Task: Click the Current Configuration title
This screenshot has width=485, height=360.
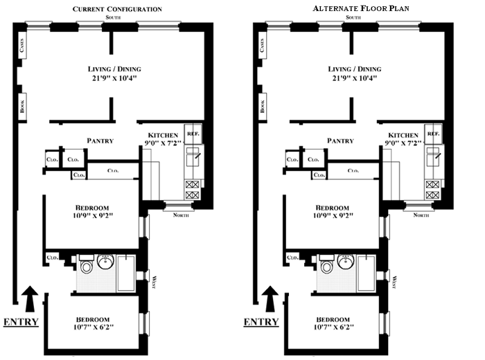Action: (117, 9)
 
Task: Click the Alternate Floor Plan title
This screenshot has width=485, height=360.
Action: (361, 8)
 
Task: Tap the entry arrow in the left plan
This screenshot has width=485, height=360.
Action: (30, 298)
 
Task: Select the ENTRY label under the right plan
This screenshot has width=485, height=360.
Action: (261, 322)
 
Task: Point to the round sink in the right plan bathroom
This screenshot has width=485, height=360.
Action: (346, 262)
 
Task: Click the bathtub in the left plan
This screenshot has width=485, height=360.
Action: (126, 273)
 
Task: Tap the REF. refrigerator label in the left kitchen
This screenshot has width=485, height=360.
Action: (193, 134)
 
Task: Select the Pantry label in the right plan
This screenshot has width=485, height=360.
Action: (340, 141)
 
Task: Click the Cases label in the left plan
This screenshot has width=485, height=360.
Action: (21, 45)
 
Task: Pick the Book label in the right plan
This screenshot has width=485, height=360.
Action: (263, 106)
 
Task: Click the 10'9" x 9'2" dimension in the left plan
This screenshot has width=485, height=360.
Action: (93, 215)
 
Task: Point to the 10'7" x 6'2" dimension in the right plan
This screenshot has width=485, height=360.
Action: (333, 327)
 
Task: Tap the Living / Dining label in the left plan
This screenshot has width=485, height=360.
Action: (114, 69)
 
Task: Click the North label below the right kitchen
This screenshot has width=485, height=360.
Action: (421, 215)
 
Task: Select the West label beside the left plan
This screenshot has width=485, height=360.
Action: (154, 282)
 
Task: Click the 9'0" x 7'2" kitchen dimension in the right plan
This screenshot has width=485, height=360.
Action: (403, 143)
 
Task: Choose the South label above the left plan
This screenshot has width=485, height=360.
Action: (113, 17)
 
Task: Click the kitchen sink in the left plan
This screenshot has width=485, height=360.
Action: (193, 157)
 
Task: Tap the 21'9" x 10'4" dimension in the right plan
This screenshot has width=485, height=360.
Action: (355, 78)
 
